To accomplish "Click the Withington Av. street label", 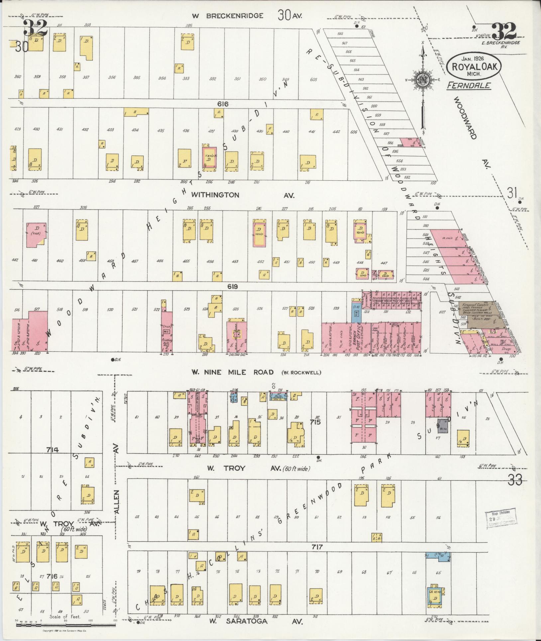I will tap(242, 195).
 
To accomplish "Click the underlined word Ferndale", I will tap(469, 85).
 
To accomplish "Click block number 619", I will tap(233, 286).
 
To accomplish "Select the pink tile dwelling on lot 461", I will tap(36, 234).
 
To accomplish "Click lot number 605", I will tap(313, 80).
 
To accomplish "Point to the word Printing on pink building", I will tap(167, 341).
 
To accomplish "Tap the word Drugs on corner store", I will tap(506, 349).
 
